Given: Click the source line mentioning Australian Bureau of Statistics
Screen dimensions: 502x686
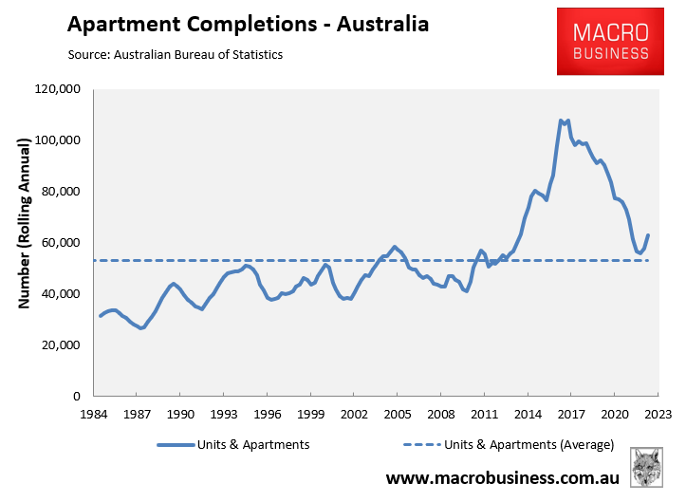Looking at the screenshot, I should pos(176,54).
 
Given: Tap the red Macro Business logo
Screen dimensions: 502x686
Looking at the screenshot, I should pos(610,41).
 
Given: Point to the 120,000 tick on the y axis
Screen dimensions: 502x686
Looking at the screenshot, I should pos(58,89).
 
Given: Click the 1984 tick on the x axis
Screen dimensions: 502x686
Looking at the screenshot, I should pos(95,415).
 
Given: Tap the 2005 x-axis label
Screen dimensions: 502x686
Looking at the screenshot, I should pos(397,415).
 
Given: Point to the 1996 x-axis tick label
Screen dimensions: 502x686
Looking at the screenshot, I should pos(268,415).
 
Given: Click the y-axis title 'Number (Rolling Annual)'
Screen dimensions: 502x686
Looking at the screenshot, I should pos(25,242).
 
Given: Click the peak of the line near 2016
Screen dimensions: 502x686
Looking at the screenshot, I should pos(561,121).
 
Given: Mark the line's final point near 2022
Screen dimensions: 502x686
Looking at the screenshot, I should pos(648,235).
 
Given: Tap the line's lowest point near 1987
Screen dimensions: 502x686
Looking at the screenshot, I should pos(140,328).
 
